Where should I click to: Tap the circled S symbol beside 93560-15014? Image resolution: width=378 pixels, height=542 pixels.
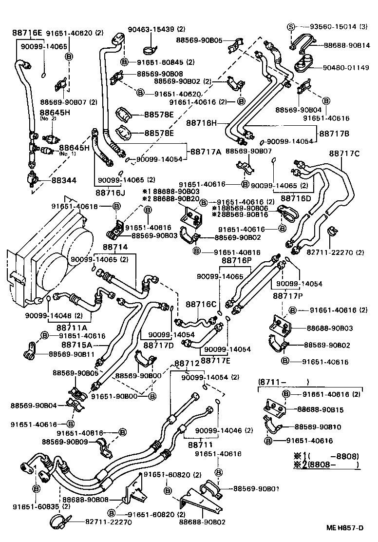291,26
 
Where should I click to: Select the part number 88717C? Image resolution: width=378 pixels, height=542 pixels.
344,154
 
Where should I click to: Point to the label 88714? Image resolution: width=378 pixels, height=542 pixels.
115,247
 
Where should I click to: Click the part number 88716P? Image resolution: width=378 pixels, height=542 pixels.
237,261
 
